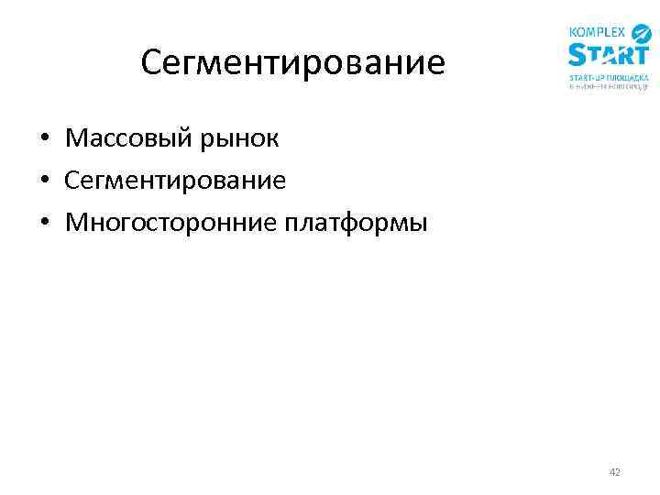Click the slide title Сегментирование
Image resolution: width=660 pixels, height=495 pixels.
[x=293, y=63]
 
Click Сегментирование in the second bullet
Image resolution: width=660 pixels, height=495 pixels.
[x=175, y=181]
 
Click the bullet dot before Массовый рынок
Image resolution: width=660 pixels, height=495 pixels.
[x=44, y=140]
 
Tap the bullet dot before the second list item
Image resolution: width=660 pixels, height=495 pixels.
[x=44, y=181]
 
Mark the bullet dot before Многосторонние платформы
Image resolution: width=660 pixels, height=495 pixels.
[x=44, y=224]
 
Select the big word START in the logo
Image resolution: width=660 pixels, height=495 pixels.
[x=609, y=55]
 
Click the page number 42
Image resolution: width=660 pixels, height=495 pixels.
[x=614, y=472]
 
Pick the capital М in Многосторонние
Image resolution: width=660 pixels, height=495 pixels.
[x=76, y=223]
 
